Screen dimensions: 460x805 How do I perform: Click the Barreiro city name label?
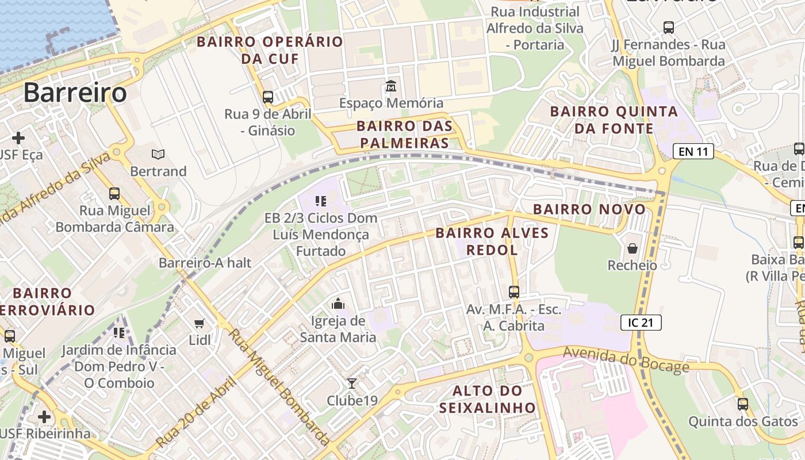[x=75, y=93]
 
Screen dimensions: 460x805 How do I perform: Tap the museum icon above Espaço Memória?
[x=391, y=87]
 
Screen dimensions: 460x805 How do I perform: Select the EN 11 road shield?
[x=693, y=152]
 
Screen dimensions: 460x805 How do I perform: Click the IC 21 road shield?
[x=641, y=323]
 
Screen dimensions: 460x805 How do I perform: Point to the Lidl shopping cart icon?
[x=200, y=324]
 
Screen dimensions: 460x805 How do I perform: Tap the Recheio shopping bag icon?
[x=632, y=248]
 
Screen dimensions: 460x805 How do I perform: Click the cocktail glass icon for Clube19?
[x=352, y=383]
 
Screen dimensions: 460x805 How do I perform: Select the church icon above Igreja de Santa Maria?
[x=338, y=304]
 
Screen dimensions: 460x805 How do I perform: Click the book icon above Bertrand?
[x=158, y=154]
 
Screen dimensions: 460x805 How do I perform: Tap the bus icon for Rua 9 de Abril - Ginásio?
[x=268, y=97]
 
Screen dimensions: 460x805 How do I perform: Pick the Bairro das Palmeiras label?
[x=404, y=135]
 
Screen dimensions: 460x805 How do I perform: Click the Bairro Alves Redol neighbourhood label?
[x=492, y=241]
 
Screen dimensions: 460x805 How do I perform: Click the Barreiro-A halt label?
[x=205, y=263]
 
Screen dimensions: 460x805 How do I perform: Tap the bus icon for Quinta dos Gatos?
[x=743, y=404]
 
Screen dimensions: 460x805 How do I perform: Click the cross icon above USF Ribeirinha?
[x=44, y=416]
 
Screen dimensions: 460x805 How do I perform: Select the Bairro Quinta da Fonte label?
[x=614, y=120]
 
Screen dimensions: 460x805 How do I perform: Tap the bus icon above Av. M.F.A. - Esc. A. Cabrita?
[x=514, y=292]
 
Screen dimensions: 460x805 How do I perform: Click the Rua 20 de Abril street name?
[x=197, y=412]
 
